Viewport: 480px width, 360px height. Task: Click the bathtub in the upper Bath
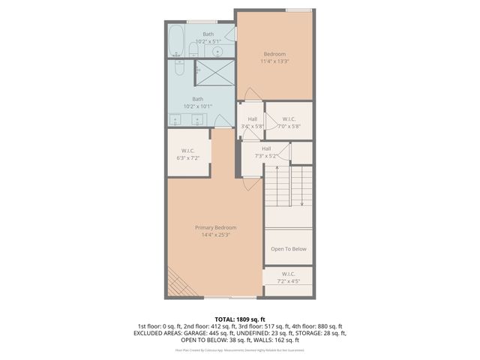(175, 41)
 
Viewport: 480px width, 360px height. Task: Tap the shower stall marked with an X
(214, 73)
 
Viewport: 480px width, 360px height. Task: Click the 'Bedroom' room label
(274, 53)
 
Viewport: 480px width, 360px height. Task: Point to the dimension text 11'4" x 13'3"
(275, 61)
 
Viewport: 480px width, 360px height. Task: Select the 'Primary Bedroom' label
(216, 227)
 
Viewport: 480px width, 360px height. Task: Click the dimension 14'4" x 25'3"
(216, 235)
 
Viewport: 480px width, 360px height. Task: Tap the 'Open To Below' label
(288, 249)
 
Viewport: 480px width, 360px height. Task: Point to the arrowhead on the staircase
(301, 202)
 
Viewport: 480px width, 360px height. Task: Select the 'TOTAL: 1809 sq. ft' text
(240, 319)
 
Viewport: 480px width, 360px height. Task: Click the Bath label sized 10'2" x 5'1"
(208, 34)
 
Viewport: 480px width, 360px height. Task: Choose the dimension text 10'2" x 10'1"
(198, 106)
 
